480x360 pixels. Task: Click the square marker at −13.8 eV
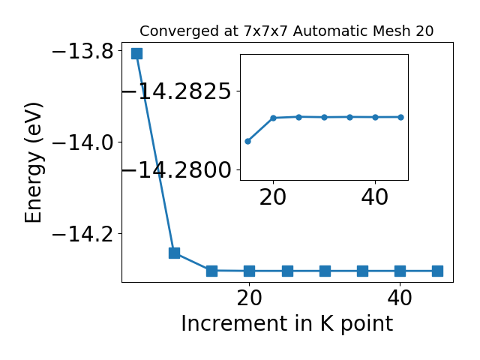(x=136, y=53)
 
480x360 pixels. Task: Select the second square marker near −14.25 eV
(x=174, y=253)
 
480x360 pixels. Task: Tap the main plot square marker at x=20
(x=250, y=271)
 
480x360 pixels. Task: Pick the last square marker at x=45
(x=437, y=271)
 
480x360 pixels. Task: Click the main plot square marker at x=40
(x=400, y=271)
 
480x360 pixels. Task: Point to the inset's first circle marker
(x=248, y=142)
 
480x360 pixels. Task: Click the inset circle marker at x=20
(x=274, y=118)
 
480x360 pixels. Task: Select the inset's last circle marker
(x=400, y=117)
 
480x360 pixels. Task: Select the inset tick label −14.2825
(x=177, y=91)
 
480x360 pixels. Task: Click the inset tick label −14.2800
(x=177, y=170)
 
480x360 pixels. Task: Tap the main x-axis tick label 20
(x=249, y=298)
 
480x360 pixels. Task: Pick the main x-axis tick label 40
(x=400, y=298)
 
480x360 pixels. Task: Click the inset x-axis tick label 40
(x=375, y=197)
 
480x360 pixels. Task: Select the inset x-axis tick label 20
(x=273, y=197)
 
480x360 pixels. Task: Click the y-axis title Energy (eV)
(x=33, y=163)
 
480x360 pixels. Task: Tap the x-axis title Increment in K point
(x=287, y=323)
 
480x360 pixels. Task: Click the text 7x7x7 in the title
(x=266, y=31)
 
